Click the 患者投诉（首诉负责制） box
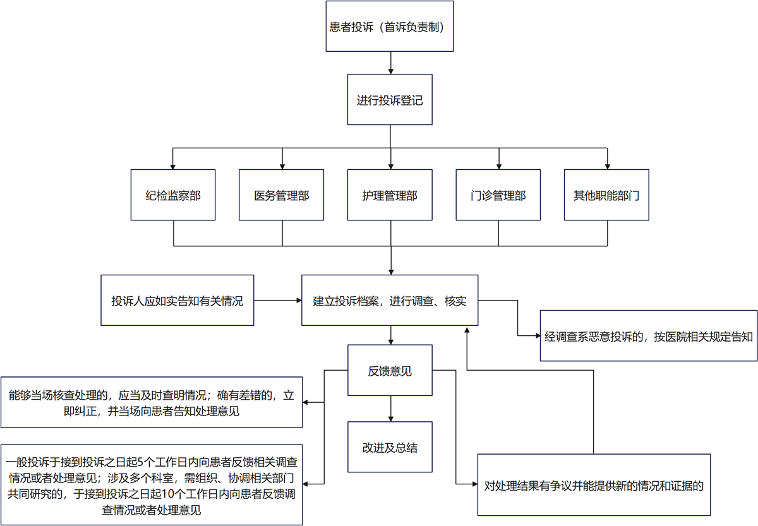click(390, 27)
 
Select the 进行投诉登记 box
click(390, 100)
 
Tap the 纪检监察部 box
click(173, 195)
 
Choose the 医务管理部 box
click(282, 195)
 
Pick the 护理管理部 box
click(390, 195)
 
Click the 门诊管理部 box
click(498, 195)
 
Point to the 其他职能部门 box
click(606, 195)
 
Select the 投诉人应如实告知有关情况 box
click(177, 300)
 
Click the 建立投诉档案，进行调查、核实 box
click(390, 300)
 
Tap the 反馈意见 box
click(390, 371)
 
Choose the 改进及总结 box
click(390, 447)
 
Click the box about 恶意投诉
click(649, 335)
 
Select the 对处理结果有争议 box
click(594, 485)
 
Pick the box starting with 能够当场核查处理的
click(152, 402)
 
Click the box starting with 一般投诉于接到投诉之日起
click(152, 484)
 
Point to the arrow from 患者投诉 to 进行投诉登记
click(391, 63)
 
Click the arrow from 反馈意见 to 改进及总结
click(391, 409)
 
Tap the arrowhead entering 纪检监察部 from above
click(174, 165)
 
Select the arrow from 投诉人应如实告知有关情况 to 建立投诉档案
click(278, 301)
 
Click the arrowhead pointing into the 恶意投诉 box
click(536, 335)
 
